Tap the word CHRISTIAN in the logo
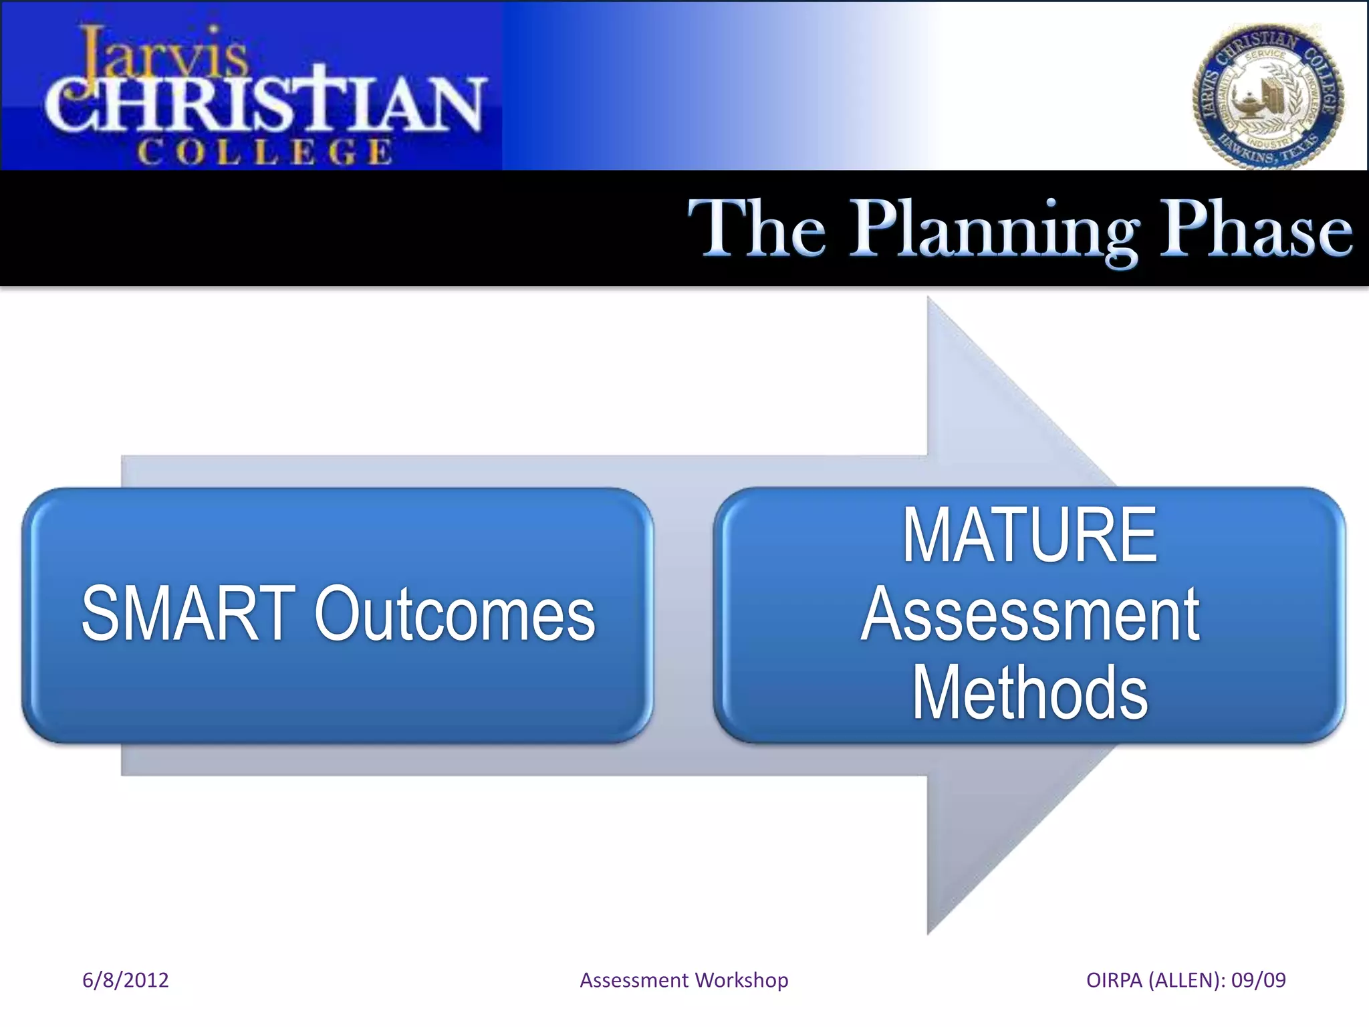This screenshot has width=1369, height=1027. click(264, 104)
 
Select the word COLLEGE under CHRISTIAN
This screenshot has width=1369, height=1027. click(265, 152)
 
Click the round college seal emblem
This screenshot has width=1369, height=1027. click(1268, 96)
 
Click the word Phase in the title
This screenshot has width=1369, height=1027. click(1255, 229)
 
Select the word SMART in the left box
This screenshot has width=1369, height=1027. click(189, 614)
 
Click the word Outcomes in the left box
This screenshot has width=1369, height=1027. click(455, 614)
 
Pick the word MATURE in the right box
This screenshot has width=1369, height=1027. click(1029, 536)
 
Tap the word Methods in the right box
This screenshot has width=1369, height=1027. click(1029, 693)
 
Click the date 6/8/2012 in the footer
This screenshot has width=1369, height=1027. click(125, 980)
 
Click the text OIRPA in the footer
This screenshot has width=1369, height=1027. click(1114, 980)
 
